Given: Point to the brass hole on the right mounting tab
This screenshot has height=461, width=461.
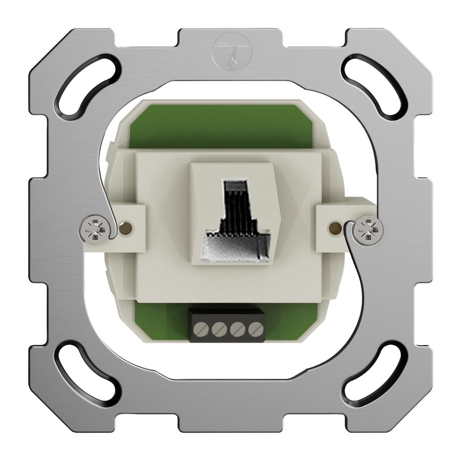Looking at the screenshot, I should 336,226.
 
